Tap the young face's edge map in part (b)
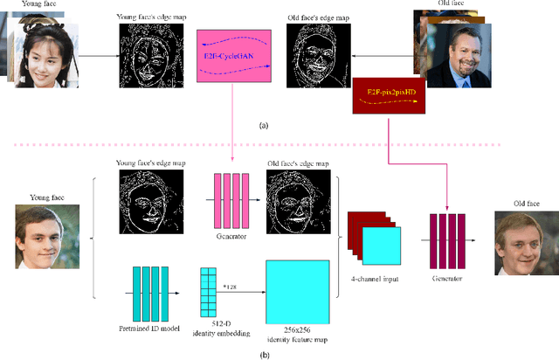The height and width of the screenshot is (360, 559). point(148,200)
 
